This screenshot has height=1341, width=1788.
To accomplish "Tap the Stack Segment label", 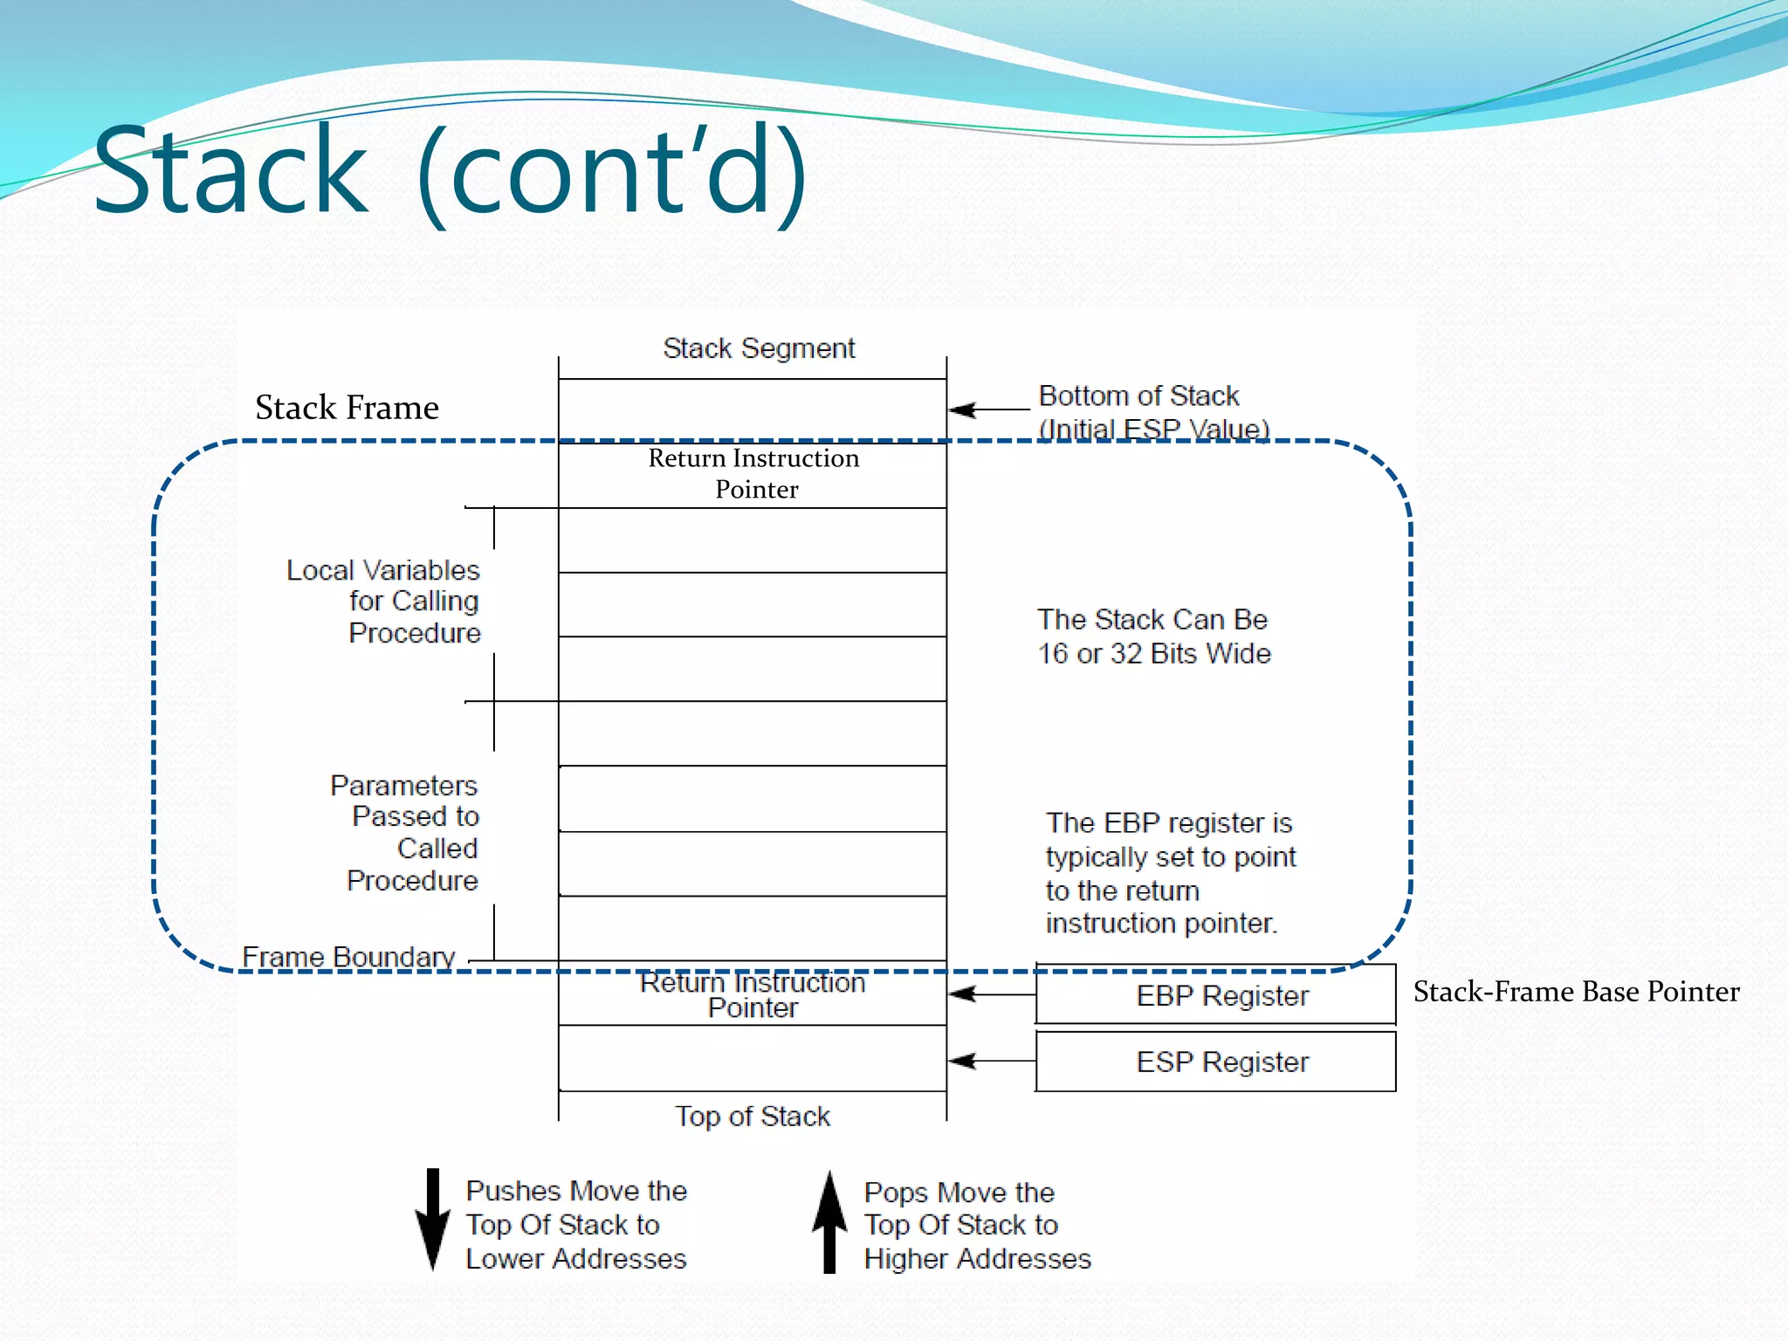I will click(x=759, y=348).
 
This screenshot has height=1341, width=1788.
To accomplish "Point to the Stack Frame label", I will click(x=347, y=408).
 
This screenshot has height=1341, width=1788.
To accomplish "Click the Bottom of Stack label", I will click(x=1138, y=396).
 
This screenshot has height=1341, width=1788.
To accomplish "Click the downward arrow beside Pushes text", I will click(x=432, y=1221).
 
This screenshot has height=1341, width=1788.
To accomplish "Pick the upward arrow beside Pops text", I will click(x=829, y=1222).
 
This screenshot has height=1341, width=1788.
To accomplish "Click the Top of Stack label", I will click(x=752, y=1117).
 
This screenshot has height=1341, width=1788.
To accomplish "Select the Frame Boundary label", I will click(x=348, y=957).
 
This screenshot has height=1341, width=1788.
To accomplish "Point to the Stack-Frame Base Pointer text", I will click(x=1576, y=992).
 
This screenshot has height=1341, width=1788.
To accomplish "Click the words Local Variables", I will click(x=383, y=571).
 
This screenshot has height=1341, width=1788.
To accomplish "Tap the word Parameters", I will click(x=403, y=786).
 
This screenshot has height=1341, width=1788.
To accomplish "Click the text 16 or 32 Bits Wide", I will click(x=1153, y=654).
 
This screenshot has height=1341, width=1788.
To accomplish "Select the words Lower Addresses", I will click(x=576, y=1259).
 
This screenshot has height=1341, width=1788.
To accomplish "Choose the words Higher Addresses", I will click(x=977, y=1259).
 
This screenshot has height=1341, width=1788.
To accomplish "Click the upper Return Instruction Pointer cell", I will click(x=753, y=474).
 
